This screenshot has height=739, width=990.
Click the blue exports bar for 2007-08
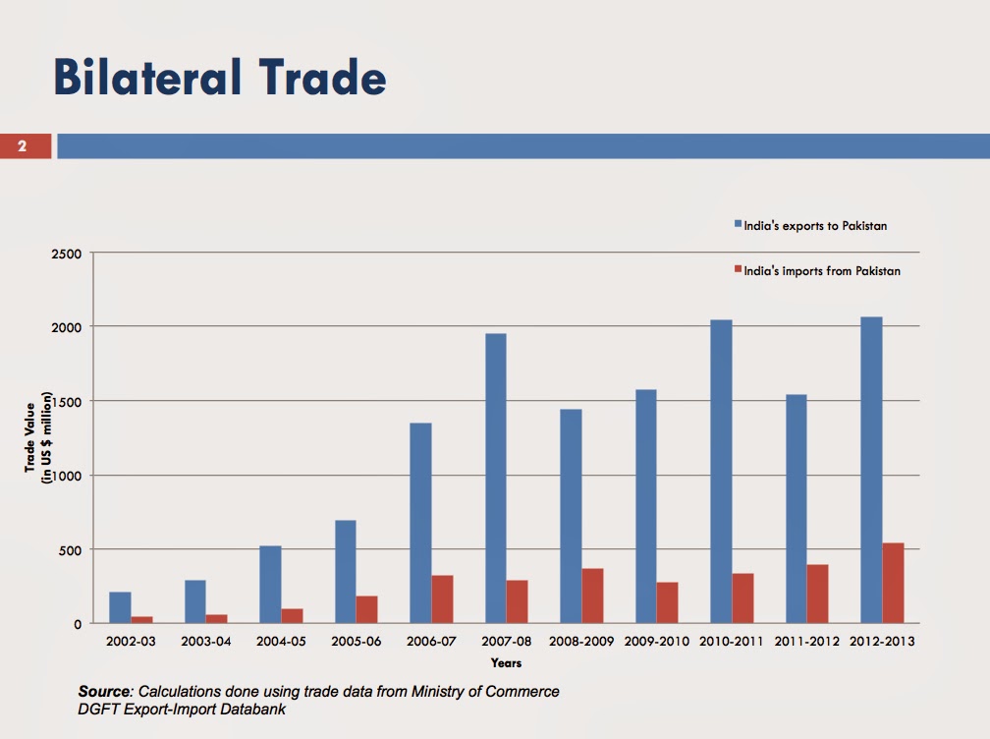click(x=496, y=478)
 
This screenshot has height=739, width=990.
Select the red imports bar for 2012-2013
click(x=893, y=583)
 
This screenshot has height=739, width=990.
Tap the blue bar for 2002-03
click(x=120, y=607)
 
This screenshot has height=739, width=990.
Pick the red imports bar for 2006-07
click(x=442, y=598)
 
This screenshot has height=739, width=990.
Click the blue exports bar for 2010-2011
click(x=721, y=472)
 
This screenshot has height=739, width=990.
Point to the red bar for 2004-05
click(x=292, y=615)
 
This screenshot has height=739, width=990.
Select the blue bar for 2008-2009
click(x=571, y=516)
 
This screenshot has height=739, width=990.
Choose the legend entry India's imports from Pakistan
click(x=816, y=270)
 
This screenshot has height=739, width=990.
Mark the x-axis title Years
click(x=506, y=663)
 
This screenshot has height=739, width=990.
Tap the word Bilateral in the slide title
click(x=137, y=78)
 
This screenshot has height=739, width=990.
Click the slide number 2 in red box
click(x=22, y=146)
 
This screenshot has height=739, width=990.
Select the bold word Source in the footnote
click(x=104, y=692)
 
